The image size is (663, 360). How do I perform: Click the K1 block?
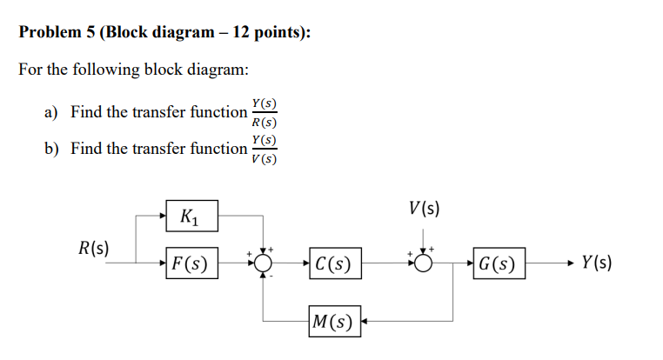pyautogui.click(x=191, y=215)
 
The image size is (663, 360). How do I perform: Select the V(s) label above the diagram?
pyautogui.click(x=423, y=209)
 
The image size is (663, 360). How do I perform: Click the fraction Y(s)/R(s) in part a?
pyautogui.click(x=264, y=113)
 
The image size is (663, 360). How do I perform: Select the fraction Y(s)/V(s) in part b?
pyautogui.click(x=264, y=150)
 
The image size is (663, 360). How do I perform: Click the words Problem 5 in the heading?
pyautogui.click(x=56, y=33)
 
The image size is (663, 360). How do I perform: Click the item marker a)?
pyautogui.click(x=52, y=113)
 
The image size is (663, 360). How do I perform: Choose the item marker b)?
pyautogui.click(x=52, y=150)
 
